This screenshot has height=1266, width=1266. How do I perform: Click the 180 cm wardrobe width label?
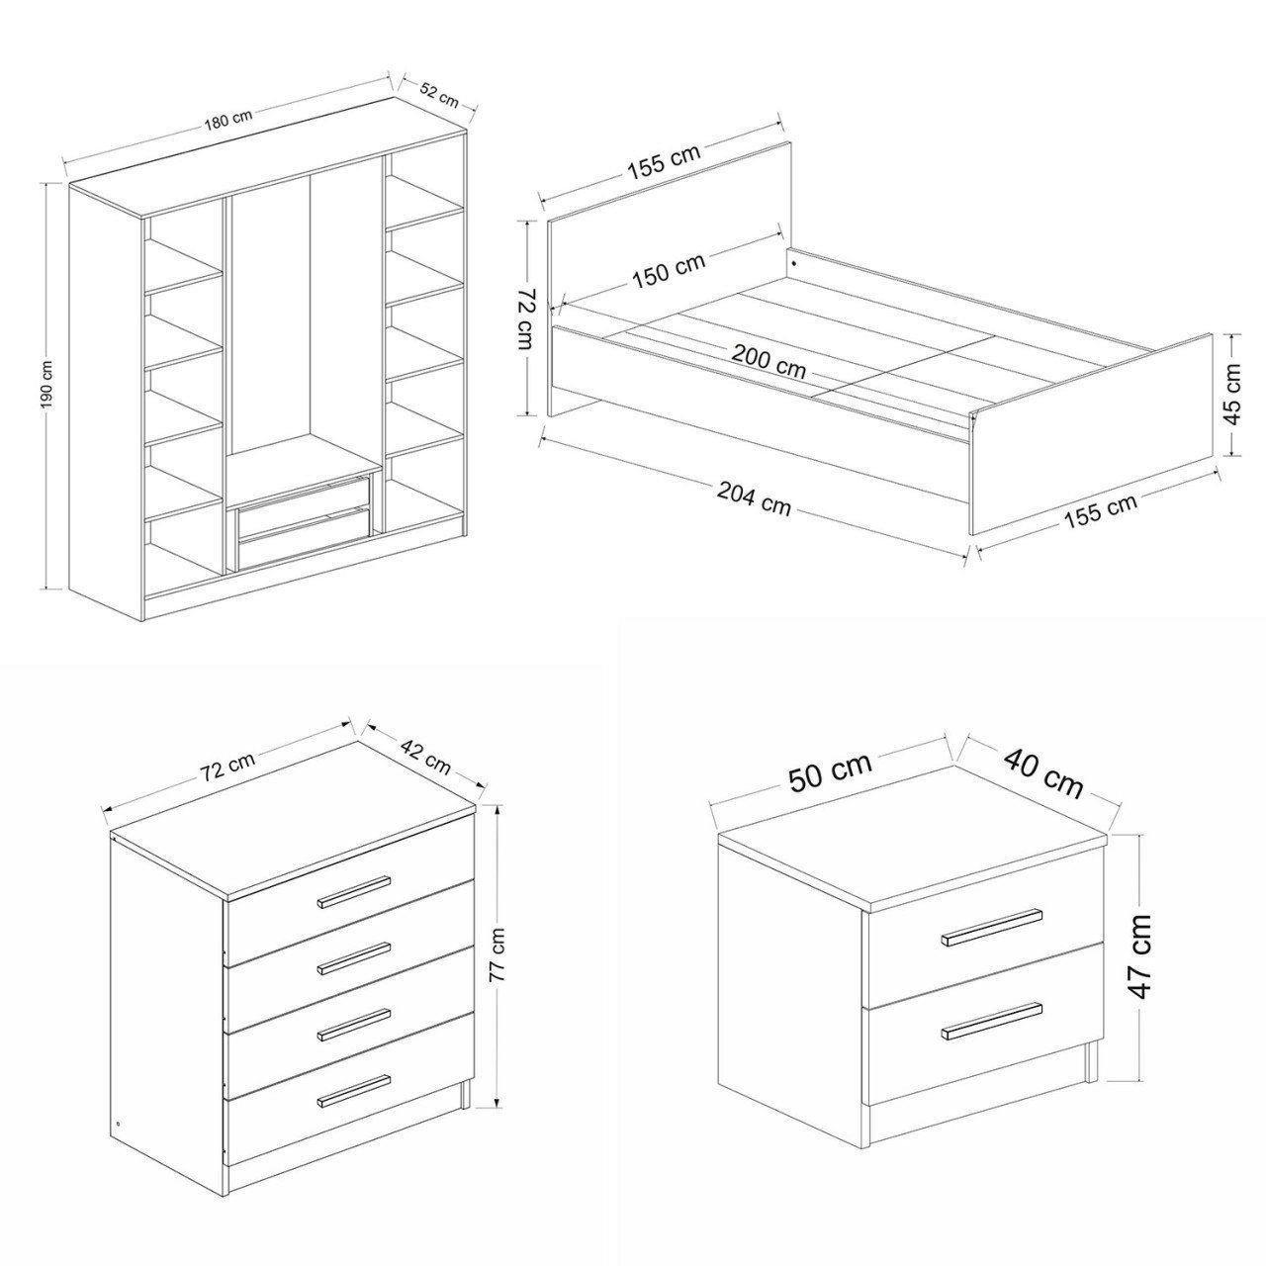point(228,120)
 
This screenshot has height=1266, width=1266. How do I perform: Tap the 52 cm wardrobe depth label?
point(439,96)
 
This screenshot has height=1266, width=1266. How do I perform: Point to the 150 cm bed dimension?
point(669,270)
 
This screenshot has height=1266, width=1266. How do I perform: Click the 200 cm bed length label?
point(769,362)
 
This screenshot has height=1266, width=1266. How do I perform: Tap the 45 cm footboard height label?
point(1233,394)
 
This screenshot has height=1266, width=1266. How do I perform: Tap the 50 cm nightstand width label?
point(831,771)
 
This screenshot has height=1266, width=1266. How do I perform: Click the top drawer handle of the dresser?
point(353,892)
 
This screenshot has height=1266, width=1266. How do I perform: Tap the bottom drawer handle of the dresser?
point(353,1090)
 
